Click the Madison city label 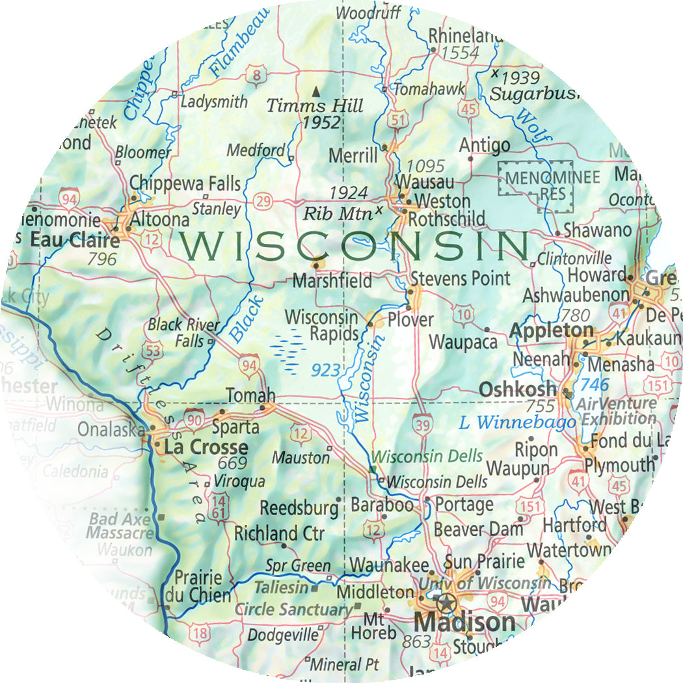(464, 623)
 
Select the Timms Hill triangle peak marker (316, 91)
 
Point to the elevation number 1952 (322, 122)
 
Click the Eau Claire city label (75, 240)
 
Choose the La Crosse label (206, 448)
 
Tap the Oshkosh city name (517, 389)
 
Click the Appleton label (552, 330)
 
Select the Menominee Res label (535, 184)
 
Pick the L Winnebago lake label (517, 423)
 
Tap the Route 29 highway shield (263, 202)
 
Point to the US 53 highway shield (154, 350)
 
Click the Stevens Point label (460, 279)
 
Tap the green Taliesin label (280, 587)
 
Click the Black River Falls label (176, 332)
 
